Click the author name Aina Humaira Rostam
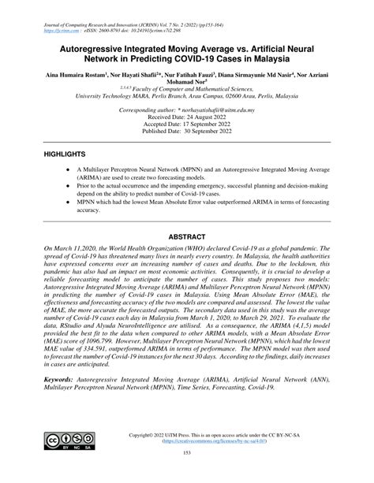tap(68, 78)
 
